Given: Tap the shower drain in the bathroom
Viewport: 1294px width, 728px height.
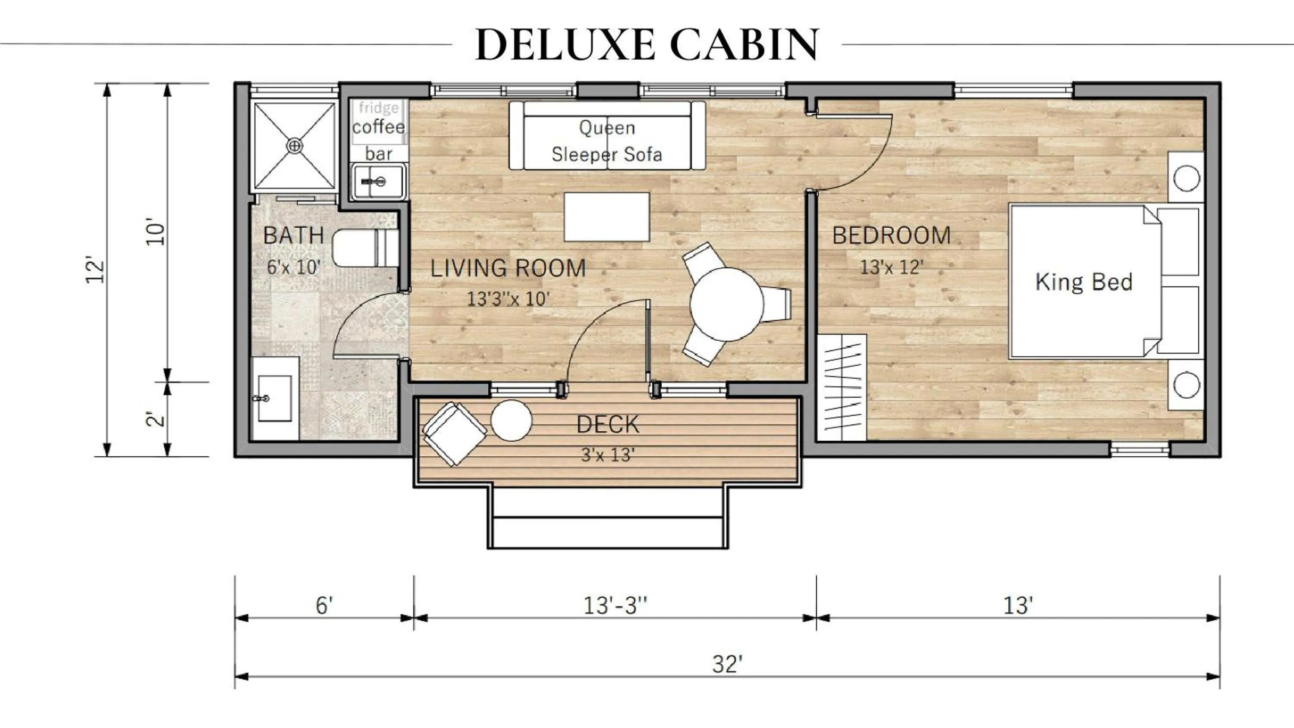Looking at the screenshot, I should [x=295, y=146].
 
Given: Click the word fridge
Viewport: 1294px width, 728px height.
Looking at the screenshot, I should [x=379, y=107].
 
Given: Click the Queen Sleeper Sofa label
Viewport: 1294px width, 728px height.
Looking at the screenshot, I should [x=607, y=141].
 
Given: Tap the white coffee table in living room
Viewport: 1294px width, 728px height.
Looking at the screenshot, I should [x=606, y=217].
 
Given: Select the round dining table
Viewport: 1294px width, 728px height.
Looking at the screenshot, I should [x=727, y=304].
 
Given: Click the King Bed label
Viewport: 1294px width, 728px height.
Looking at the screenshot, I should [x=1084, y=282].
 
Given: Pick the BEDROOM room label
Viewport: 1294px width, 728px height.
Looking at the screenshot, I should [x=891, y=235].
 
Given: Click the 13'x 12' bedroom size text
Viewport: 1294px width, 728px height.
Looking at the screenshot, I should [x=891, y=267].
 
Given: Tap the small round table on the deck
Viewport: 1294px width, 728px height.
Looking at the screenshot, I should [x=511, y=420].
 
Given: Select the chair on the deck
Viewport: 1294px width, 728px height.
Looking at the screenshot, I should [x=454, y=433].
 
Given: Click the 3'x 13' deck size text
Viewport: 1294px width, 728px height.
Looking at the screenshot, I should [x=607, y=455].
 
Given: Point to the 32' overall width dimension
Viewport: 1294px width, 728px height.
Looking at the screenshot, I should [x=727, y=664].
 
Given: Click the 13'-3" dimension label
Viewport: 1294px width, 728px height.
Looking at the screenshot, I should [x=615, y=606].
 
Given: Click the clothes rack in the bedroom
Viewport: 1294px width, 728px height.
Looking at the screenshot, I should [x=841, y=387].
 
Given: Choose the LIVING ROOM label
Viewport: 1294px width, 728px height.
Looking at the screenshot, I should [x=508, y=268].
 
